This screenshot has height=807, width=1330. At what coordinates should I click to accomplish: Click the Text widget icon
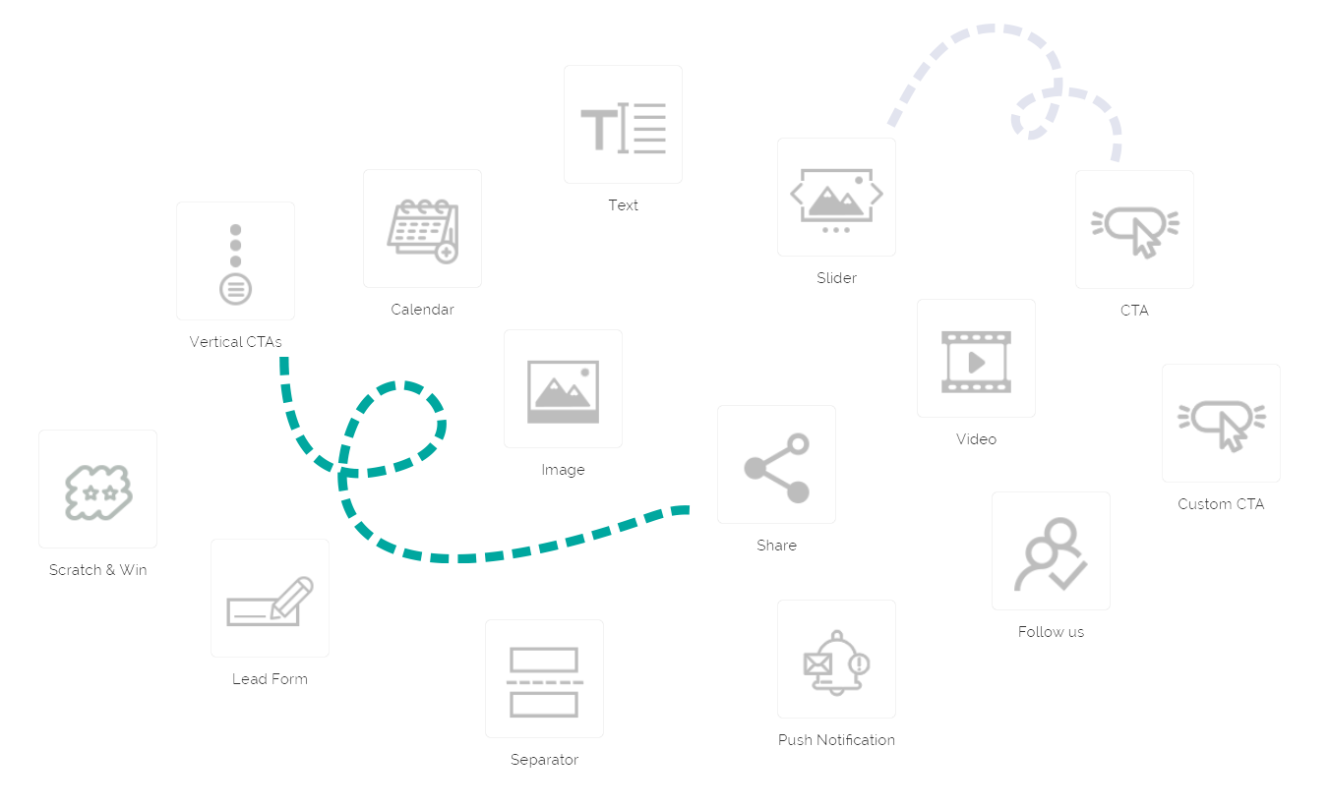point(623,126)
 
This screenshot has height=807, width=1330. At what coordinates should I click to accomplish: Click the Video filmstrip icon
point(976,360)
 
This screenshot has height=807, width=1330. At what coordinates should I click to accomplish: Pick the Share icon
point(776,466)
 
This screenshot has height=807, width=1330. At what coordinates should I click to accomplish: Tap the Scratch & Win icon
point(97,490)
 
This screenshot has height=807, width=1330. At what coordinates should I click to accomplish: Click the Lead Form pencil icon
point(270,600)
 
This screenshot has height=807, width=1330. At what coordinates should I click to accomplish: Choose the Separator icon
point(544,680)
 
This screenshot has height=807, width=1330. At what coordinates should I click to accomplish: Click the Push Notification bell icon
point(836,661)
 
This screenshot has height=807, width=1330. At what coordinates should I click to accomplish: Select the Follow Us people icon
point(1051,552)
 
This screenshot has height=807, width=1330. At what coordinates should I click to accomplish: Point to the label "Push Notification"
point(836,739)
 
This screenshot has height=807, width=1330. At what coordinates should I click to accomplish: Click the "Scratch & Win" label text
point(97,569)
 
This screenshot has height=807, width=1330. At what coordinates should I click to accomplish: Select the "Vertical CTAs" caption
point(235,342)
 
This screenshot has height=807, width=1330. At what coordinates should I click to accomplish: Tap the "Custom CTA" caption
point(1221,504)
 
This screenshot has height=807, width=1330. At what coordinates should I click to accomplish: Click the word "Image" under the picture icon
point(563,470)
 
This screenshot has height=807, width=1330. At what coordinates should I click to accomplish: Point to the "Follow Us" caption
point(1051,632)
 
